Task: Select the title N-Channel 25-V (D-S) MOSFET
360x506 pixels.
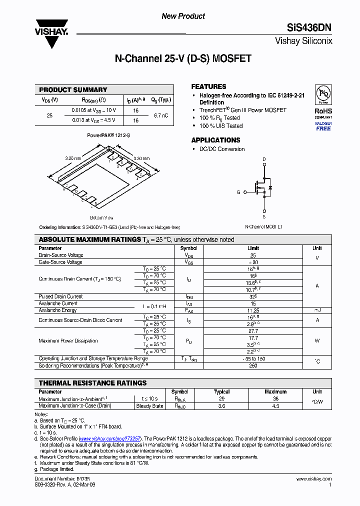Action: pyautogui.click(x=183, y=59)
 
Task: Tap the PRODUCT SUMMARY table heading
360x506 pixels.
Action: pyautogui.click(x=73, y=90)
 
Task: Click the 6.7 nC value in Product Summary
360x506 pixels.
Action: pyautogui.click(x=160, y=115)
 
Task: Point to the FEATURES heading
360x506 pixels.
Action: pyautogui.click(x=208, y=86)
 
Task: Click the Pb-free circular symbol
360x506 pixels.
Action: pyautogui.click(x=323, y=95)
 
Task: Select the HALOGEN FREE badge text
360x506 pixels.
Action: pyautogui.click(x=323, y=126)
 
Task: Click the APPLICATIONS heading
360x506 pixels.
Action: pyautogui.click(x=215, y=140)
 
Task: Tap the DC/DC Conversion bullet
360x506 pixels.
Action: pyautogui.click(x=222, y=149)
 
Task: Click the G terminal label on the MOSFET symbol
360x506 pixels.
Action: pyautogui.click(x=238, y=192)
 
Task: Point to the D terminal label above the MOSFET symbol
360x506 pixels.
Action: pyautogui.click(x=264, y=159)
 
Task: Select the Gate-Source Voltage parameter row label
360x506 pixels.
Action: pyautogui.click(x=60, y=262)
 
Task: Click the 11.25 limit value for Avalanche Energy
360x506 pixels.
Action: pyautogui.click(x=253, y=310)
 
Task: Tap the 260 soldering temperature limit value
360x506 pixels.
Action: pyautogui.click(x=253, y=365)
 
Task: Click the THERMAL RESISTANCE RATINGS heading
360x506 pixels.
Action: pyautogui.click(x=92, y=383)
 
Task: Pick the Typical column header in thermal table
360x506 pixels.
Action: pyautogui.click(x=221, y=392)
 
